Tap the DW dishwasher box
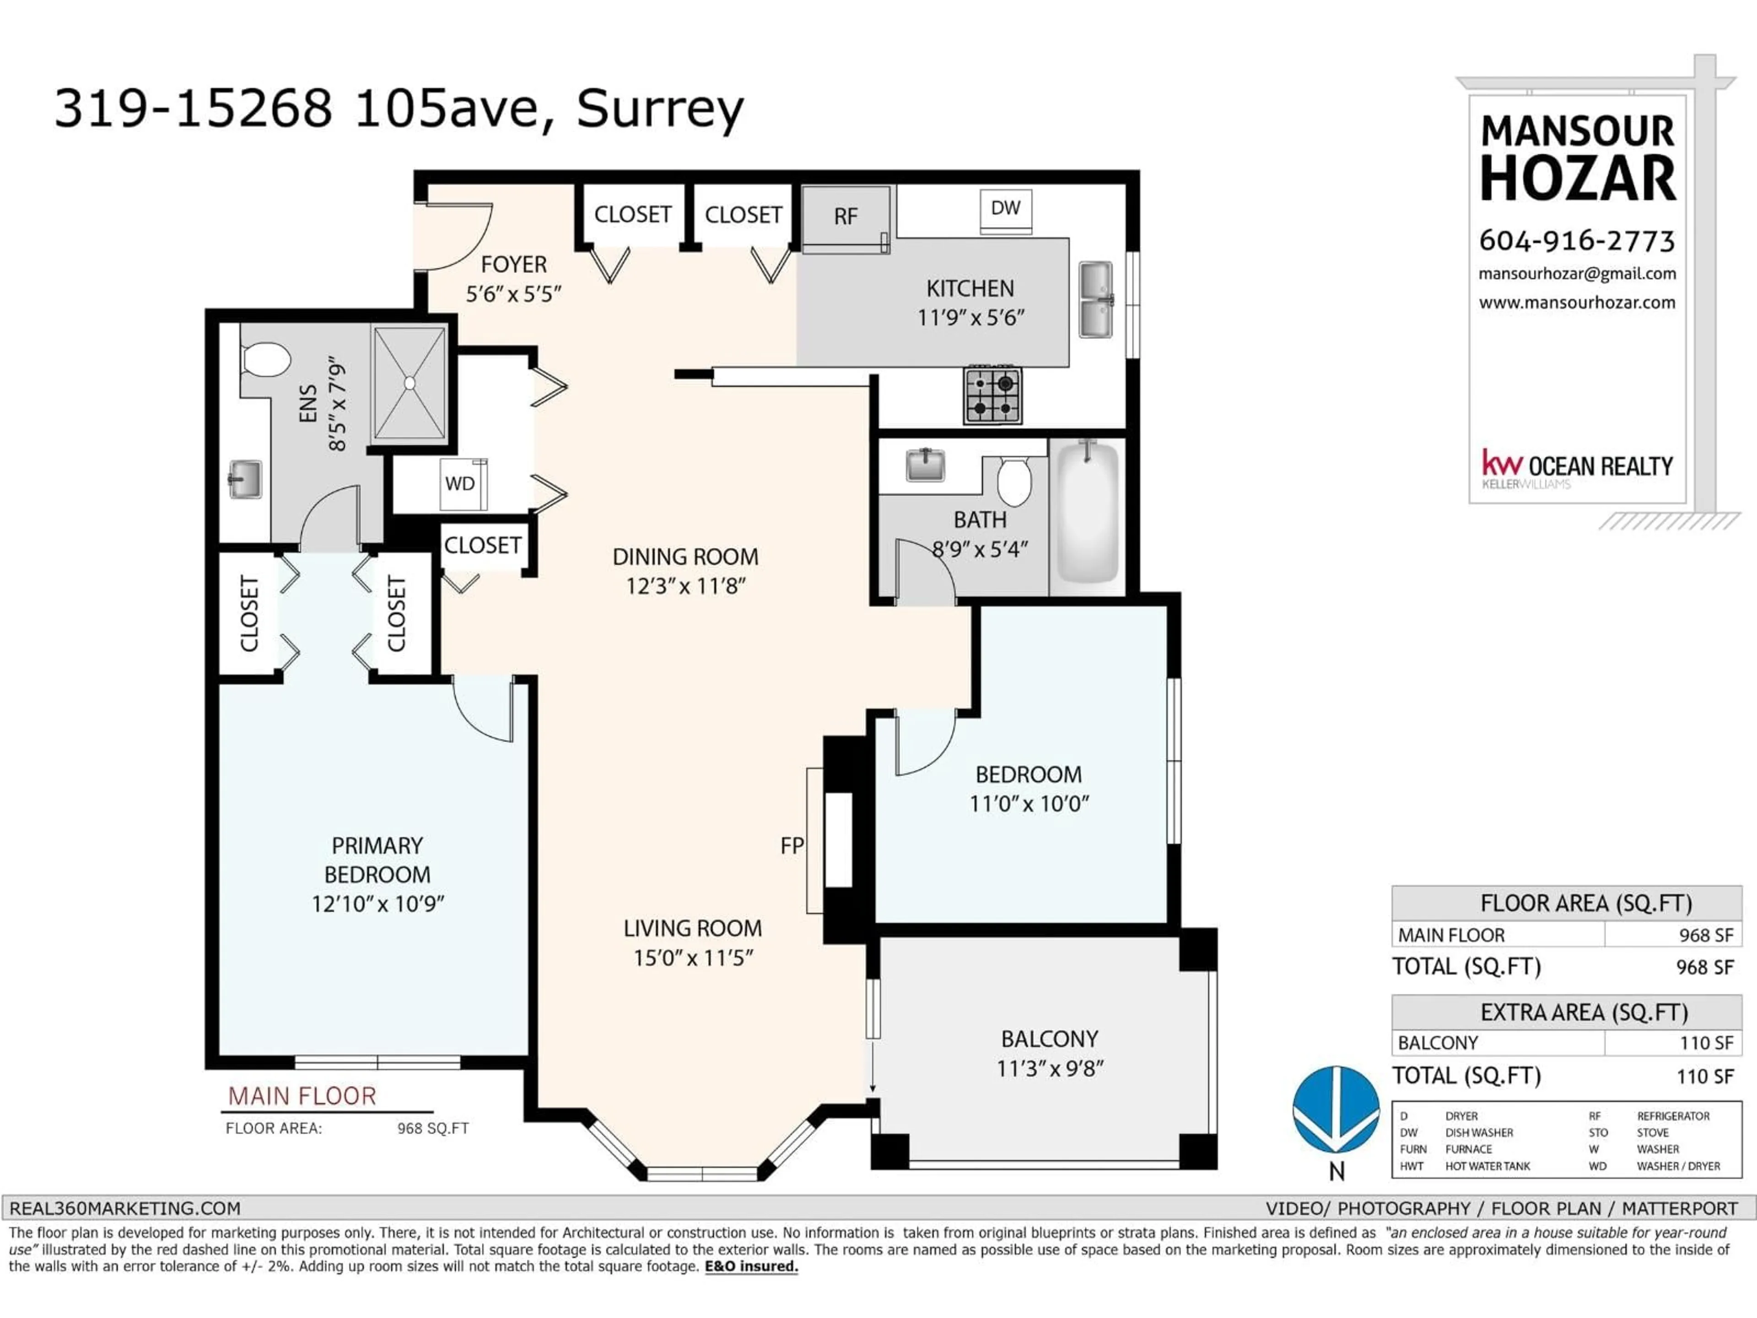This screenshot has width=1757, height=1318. pyautogui.click(x=1006, y=211)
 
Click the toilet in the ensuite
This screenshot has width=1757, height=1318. pyautogui.click(x=267, y=359)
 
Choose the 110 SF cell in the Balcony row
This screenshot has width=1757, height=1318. pyautogui.click(x=1705, y=1043)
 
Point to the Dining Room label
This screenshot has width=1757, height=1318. pyautogui.click(x=684, y=557)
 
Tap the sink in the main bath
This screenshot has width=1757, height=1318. pyautogui.click(x=925, y=465)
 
